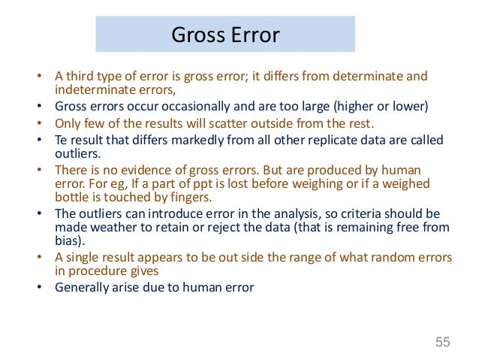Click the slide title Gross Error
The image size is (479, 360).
(x=225, y=35)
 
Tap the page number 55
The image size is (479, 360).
(x=442, y=343)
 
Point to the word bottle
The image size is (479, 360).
(x=74, y=198)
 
